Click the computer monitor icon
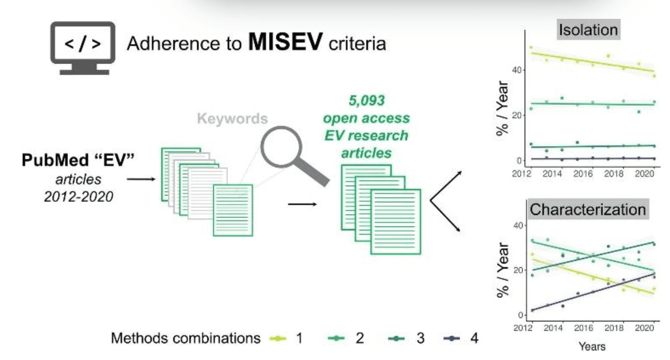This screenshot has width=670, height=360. (83, 48)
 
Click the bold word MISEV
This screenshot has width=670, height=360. (285, 41)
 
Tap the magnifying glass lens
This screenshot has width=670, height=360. (281, 147)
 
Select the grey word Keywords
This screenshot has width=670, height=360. (232, 119)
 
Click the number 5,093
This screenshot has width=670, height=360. (367, 101)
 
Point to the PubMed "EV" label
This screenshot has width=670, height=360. (78, 160)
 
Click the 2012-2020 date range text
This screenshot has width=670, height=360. (78, 196)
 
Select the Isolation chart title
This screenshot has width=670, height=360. (588, 30)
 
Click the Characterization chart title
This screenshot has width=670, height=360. (588, 209)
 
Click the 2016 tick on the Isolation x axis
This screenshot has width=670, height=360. (583, 174)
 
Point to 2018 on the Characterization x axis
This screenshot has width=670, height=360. (614, 328)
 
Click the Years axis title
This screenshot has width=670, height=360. (592, 346)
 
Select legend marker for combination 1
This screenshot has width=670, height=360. (278, 339)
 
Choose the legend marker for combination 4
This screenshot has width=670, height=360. (451, 339)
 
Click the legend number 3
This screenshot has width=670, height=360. (420, 338)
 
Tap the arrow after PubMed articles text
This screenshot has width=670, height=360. (141, 179)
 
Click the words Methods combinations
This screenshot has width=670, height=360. (186, 338)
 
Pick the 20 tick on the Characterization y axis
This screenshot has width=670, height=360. (518, 270)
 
